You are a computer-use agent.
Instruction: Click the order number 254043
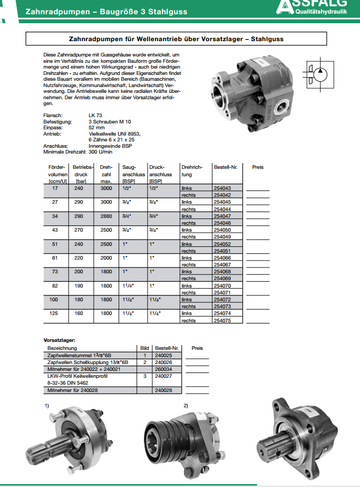(x=222, y=188)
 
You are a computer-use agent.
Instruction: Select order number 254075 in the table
(x=222, y=320)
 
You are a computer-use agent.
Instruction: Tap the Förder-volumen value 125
(x=55, y=313)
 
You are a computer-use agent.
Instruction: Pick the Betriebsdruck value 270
(x=79, y=230)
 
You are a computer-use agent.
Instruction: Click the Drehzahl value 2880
(x=106, y=216)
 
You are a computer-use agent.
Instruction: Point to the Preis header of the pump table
(x=258, y=167)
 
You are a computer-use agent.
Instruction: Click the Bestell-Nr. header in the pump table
(x=226, y=167)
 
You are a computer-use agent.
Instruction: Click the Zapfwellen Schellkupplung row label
(x=88, y=362)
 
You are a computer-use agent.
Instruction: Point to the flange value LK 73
(x=95, y=115)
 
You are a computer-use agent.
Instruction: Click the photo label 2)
(x=186, y=405)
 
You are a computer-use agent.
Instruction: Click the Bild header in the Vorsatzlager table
(x=145, y=348)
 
